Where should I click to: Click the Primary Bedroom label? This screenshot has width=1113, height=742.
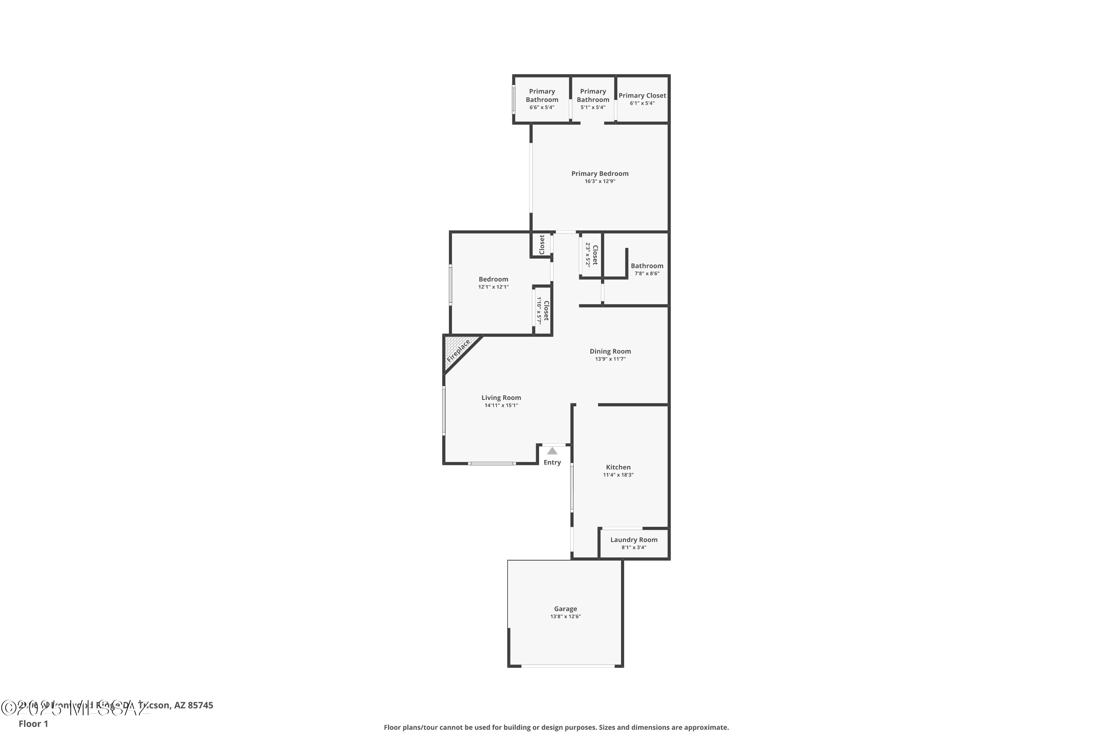[600, 173]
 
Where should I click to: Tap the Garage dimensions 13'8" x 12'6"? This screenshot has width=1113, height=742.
[565, 616]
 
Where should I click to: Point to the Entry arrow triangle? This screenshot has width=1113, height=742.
[552, 451]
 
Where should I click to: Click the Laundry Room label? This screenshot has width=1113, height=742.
[634, 539]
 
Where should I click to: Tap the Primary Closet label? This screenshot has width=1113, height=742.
[642, 96]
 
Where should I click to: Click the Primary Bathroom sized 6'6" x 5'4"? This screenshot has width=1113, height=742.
[542, 99]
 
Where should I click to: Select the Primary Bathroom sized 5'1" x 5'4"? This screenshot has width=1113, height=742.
[593, 99]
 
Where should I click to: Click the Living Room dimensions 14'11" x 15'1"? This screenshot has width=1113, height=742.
[501, 405]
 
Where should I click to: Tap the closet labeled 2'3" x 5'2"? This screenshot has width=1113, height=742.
[591, 255]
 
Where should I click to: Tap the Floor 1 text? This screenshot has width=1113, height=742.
[33, 723]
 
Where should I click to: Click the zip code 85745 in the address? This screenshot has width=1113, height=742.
[200, 705]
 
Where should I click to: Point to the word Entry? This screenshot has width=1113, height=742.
[552, 462]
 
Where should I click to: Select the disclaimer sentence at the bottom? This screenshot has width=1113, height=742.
[556, 727]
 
